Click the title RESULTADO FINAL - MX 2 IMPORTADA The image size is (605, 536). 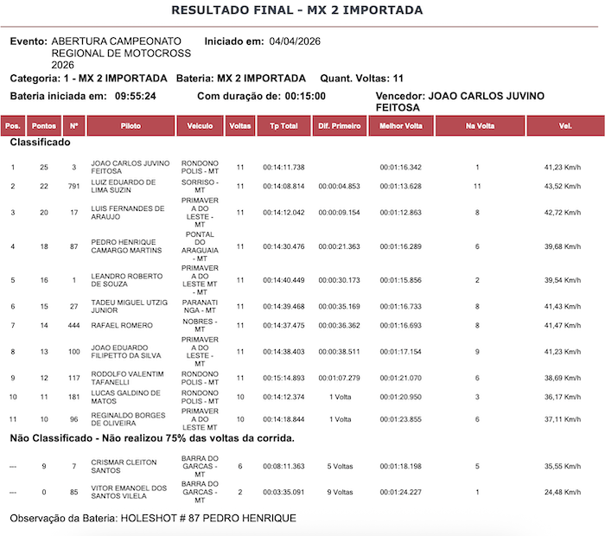point(297,10)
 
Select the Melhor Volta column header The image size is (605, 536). point(401,126)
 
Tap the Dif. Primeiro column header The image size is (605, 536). point(339,126)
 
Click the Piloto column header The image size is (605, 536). point(131,126)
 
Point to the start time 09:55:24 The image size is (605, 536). point(135,96)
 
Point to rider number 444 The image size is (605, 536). point(74,325)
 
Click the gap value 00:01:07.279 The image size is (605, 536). point(339,378)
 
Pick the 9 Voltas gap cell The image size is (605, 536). point(339,493)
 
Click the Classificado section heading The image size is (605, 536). point(40,142)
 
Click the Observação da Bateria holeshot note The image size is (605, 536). point(153,518)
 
